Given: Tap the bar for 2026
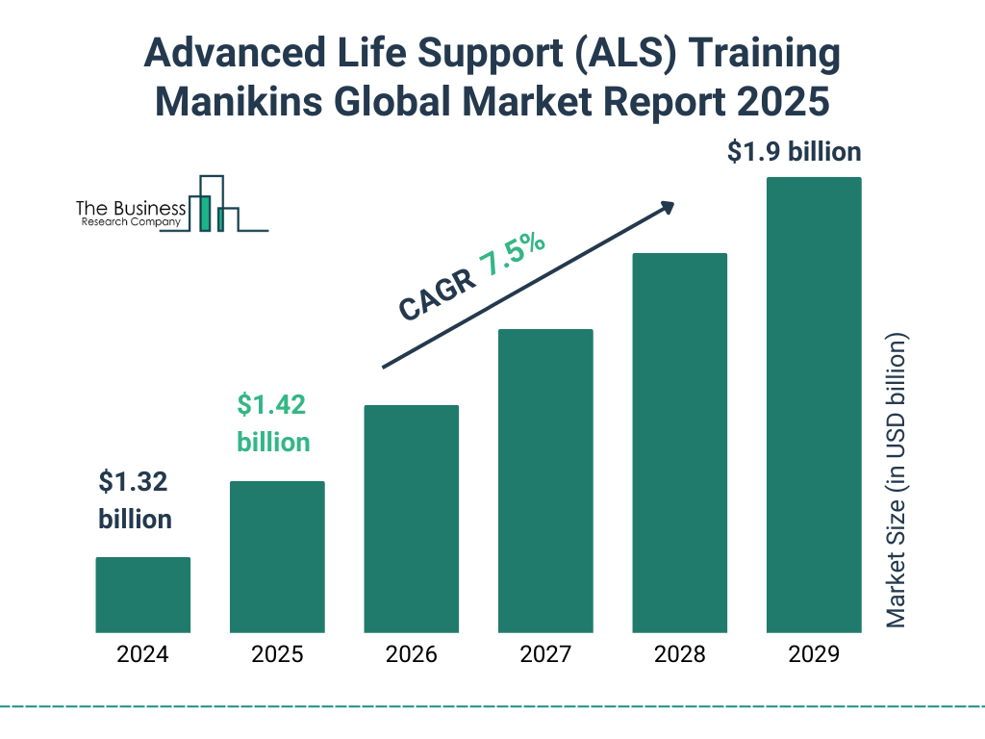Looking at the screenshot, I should tap(411, 519).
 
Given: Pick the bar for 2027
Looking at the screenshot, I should tap(545, 480).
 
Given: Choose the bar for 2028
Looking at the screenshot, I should tap(679, 443).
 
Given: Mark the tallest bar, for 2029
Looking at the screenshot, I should tap(814, 404).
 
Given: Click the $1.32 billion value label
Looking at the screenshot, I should tap(135, 499).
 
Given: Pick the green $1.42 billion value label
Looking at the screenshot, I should tap(273, 422).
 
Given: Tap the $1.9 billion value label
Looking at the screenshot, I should tap(794, 152).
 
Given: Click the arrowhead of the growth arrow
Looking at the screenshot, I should tap(666, 206).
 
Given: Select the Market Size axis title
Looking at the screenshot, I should tap(897, 481).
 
